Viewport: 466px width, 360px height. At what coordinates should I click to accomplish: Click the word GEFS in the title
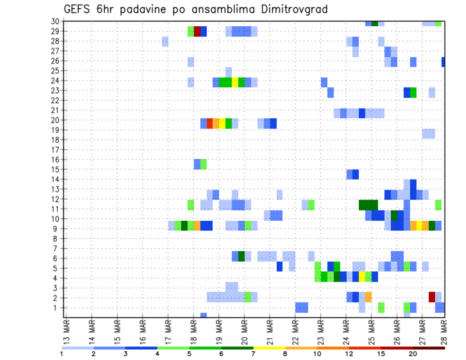point(79,9)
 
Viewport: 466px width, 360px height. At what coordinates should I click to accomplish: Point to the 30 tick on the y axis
point(55,21)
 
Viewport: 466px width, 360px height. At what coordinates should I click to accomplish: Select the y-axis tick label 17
point(55,150)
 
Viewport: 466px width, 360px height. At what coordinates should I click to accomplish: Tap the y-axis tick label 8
point(57,239)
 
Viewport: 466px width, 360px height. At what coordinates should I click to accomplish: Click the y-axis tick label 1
point(57,308)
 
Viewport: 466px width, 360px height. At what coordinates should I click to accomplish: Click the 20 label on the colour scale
point(413,354)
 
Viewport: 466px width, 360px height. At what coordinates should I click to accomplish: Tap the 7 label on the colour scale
point(253,354)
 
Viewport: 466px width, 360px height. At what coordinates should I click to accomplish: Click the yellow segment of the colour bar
point(269,348)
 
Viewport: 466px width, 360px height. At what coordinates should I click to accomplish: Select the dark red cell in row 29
point(197,32)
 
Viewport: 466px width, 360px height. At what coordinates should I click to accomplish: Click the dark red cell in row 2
point(432,296)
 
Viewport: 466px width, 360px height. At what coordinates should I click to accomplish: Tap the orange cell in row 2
point(368,296)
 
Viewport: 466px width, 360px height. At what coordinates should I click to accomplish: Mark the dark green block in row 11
point(368,205)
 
